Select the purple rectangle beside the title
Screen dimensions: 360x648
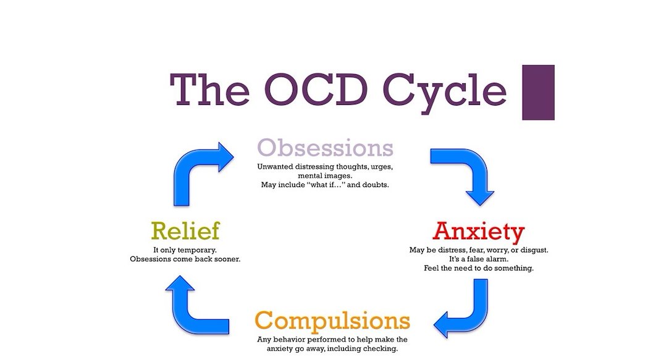(x=537, y=92)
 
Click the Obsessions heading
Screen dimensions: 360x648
(x=325, y=148)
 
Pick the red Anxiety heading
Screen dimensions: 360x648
(x=479, y=232)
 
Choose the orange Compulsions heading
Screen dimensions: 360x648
(x=332, y=321)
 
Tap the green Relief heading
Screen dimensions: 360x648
(x=185, y=232)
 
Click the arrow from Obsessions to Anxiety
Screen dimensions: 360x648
(x=465, y=172)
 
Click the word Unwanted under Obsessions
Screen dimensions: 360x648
(x=275, y=167)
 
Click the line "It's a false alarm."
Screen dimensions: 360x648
(x=479, y=259)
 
